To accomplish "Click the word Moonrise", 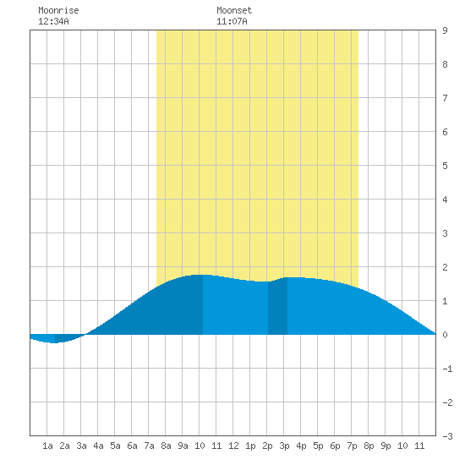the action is click(58, 10).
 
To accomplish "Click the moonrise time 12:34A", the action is click(53, 21).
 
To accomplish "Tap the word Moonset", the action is click(234, 10).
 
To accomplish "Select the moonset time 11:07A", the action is click(232, 21).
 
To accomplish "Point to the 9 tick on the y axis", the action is click(445, 30).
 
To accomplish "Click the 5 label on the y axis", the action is click(445, 166).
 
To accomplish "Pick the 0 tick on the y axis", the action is click(445, 335).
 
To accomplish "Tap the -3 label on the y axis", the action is click(447, 436).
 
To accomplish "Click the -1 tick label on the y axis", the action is click(447, 369).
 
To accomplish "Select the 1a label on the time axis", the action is click(47, 446).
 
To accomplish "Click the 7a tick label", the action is click(149, 446).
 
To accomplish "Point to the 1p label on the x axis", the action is click(250, 446).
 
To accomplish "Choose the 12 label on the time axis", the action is click(233, 446).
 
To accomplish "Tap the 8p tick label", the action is click(369, 446).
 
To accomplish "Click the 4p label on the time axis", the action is click(301, 446).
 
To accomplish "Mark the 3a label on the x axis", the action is click(81, 446).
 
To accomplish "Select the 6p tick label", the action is click(335, 446).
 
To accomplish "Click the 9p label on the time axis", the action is click(386, 446).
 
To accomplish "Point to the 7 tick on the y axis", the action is click(445, 98).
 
